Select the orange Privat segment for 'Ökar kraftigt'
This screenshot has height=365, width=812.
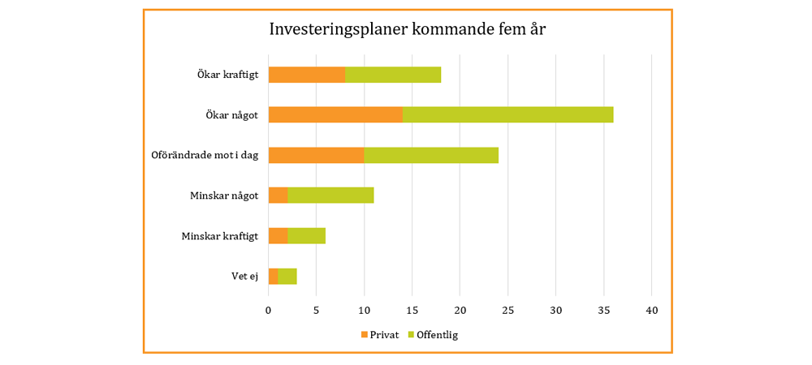[307, 75]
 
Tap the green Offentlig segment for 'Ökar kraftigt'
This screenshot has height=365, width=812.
[393, 75]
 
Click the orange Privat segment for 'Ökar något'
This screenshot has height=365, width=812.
[335, 115]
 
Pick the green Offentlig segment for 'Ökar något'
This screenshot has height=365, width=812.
[508, 115]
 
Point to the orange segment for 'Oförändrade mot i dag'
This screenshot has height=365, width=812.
[316, 155]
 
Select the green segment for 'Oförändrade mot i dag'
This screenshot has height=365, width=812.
[431, 155]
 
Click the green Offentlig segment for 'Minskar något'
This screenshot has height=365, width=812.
[330, 195]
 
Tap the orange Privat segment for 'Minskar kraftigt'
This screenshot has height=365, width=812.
[278, 236]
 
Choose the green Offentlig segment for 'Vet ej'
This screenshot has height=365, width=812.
[287, 277]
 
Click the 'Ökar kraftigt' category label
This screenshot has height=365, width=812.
[227, 75]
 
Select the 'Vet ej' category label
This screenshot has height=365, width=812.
[244, 277]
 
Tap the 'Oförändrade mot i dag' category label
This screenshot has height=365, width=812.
[205, 155]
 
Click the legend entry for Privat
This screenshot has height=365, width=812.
[380, 334]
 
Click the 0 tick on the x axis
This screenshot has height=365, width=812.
[269, 310]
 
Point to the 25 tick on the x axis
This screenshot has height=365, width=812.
[508, 310]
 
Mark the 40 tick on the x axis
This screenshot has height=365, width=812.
[651, 310]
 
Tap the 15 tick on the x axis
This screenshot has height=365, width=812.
[412, 310]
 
